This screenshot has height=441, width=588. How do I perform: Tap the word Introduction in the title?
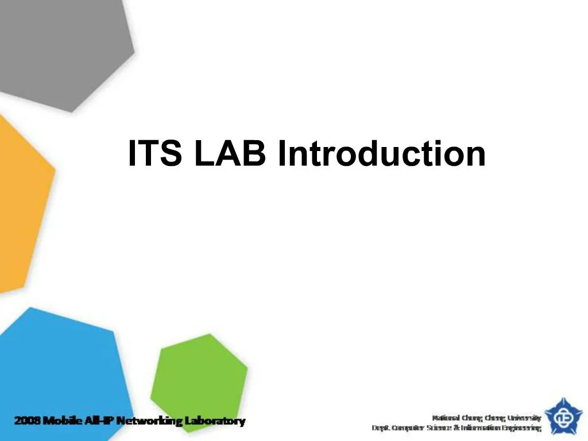(381, 154)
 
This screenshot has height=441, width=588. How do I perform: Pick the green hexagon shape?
(201, 373)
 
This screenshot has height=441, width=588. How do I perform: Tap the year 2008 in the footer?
(26, 421)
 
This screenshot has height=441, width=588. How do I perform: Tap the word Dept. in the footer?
(381, 428)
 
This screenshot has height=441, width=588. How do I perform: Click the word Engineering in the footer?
(525, 428)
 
